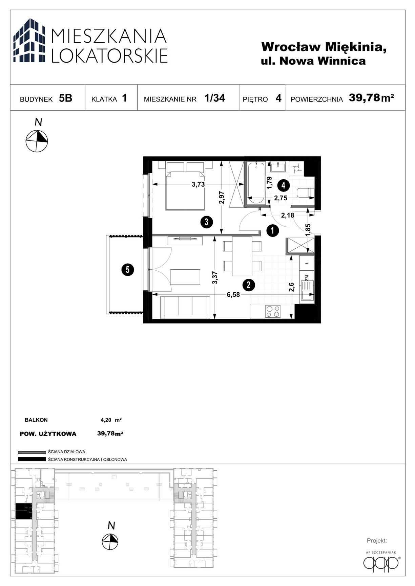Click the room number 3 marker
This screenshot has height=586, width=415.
[206, 222]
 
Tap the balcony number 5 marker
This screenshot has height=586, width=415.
[128, 270]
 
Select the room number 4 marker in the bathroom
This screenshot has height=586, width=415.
[283, 185]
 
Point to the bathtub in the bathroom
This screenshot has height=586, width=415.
[256, 183]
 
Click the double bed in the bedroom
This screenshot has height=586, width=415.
[185, 186]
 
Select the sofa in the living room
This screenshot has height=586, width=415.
[185, 307]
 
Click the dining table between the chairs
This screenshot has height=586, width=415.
[242, 256]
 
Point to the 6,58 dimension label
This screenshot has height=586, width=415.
[233, 295]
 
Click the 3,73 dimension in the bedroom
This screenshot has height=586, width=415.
[198, 184]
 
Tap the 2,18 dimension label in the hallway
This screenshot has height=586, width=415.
[288, 215]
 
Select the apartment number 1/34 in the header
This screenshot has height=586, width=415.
[215, 98]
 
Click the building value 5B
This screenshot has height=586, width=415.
[65, 98]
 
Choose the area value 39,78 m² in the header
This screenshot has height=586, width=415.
[371, 98]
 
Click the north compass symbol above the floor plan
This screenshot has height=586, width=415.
[37, 141]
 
